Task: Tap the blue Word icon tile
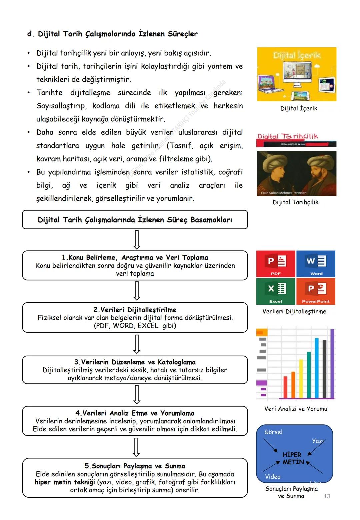tap(316, 264)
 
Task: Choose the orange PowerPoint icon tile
tap(316, 291)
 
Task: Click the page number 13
tap(327, 496)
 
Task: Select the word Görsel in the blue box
tap(273, 432)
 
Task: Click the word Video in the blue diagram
tap(272, 477)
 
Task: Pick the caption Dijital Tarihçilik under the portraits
tap(295, 202)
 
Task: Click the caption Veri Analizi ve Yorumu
tap(296, 409)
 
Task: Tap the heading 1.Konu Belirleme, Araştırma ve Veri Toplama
tap(135, 257)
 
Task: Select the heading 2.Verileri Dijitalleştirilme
tap(135, 310)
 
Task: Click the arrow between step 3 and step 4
tap(136, 394)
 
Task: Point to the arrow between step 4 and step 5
tap(136, 447)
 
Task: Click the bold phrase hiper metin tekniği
tap(65, 482)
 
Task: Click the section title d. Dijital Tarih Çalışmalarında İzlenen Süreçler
tap(112, 34)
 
